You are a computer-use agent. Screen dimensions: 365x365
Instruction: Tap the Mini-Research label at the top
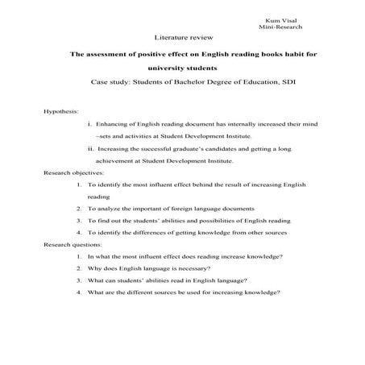click(277, 27)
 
